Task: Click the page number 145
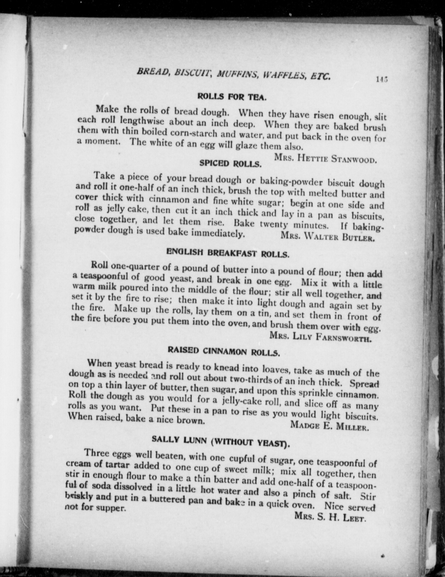(381, 79)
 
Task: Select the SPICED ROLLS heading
(230, 164)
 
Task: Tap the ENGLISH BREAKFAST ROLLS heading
(228, 253)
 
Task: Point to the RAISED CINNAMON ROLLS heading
(224, 351)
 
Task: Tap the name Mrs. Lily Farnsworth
(321, 337)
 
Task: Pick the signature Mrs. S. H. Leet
(330, 517)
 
